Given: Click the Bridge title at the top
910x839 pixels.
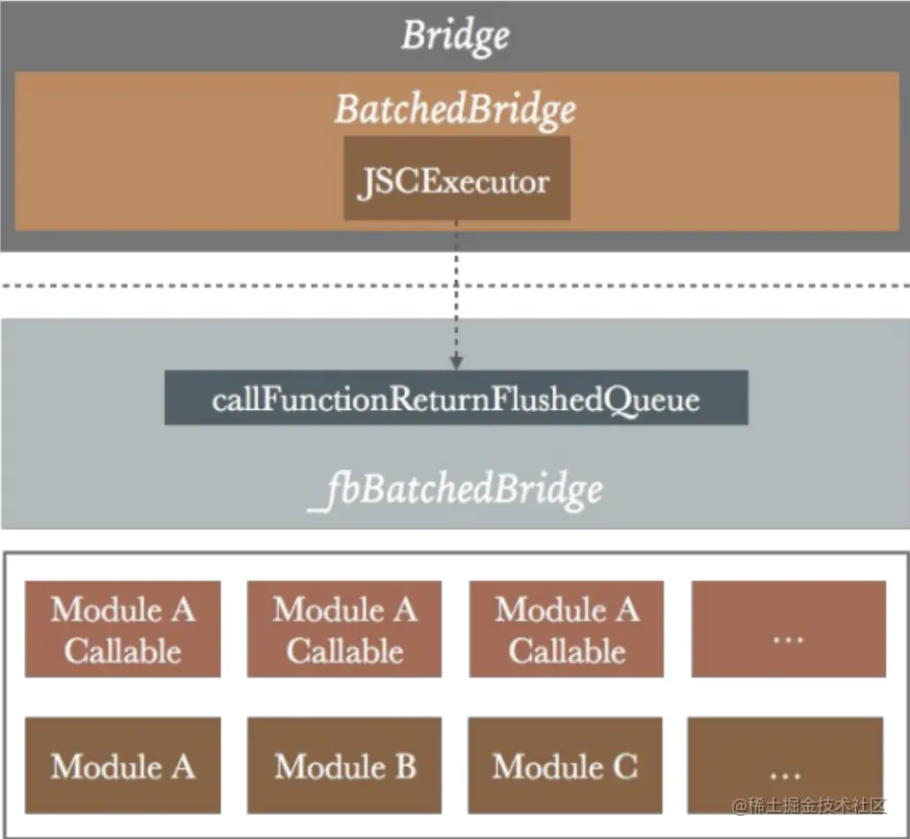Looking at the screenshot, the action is click(456, 36).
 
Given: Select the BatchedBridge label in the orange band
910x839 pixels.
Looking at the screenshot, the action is click(456, 110).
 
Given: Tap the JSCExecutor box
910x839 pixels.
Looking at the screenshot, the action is click(457, 178).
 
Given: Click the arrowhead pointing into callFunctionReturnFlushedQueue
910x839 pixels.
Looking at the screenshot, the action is click(456, 363).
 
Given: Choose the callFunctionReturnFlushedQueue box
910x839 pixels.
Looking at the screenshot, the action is click(456, 397).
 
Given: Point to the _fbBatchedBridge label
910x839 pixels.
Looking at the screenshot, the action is click(456, 490).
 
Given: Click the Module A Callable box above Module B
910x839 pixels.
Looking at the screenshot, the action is click(344, 629).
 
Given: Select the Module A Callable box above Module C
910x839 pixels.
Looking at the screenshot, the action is click(567, 629).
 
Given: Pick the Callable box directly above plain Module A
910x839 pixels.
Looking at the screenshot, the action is click(122, 629).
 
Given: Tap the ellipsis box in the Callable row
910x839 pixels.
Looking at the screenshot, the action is click(789, 629).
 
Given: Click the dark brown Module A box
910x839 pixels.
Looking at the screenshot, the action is click(122, 765).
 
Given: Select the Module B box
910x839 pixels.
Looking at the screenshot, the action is click(344, 765).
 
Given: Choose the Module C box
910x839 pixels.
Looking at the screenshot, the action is click(566, 765).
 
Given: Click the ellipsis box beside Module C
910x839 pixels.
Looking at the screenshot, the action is click(785, 765).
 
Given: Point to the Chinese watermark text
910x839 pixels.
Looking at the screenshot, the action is click(809, 806).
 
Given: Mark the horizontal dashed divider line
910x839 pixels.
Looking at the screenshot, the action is click(455, 286).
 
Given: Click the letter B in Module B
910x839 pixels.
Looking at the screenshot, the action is click(406, 767).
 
